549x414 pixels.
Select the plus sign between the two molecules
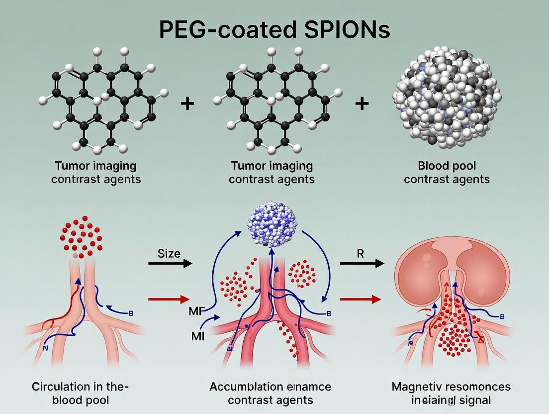187,104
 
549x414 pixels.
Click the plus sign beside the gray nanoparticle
362,103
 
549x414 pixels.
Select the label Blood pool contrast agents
447,172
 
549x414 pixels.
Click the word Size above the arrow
169,253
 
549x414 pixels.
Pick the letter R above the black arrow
361,253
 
